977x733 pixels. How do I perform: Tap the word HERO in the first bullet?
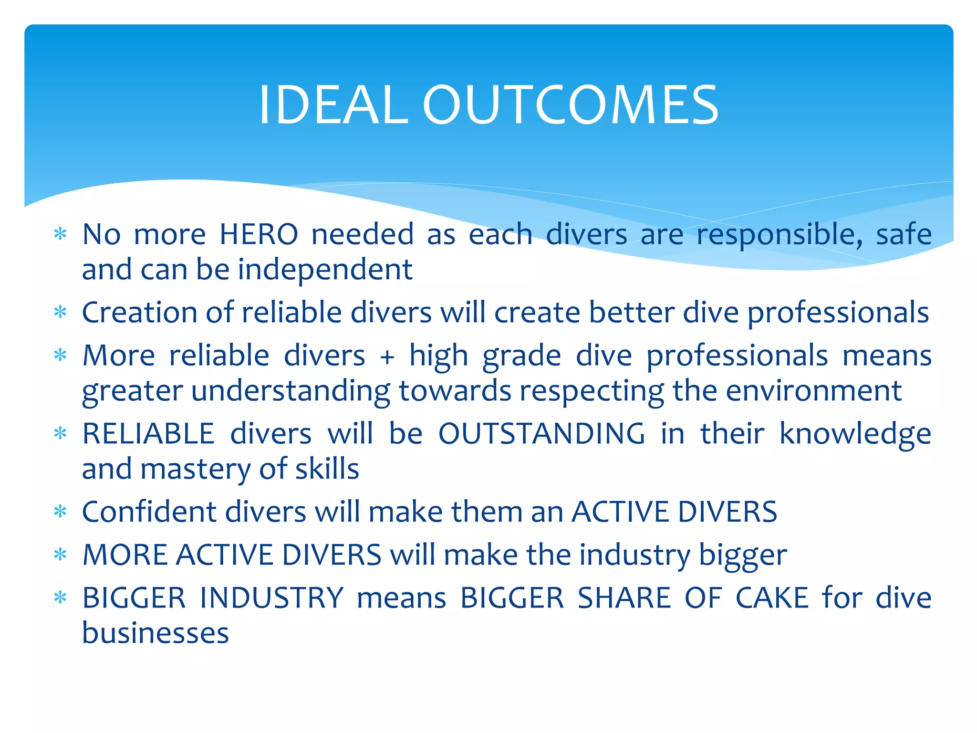pos(259,234)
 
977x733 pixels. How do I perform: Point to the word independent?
pos(325,270)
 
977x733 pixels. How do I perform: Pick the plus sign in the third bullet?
pos(387,356)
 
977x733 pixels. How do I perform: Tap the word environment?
pos(813,391)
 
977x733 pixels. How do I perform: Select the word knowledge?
pos(855,435)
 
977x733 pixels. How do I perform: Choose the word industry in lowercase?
pos(634,556)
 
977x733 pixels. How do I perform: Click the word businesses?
pos(156,633)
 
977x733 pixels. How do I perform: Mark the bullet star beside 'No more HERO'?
pos(60,234)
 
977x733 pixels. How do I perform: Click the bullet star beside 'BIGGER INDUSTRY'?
pos(60,598)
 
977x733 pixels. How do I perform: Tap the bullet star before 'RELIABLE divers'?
pos(60,434)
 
